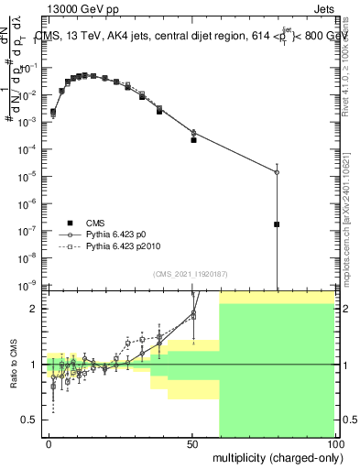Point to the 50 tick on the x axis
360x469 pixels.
click(192, 442)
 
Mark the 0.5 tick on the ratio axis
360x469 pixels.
click(33, 420)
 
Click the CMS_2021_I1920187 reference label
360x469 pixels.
click(190, 274)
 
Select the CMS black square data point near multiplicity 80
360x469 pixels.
click(277, 224)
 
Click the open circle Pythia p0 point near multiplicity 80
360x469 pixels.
click(277, 172)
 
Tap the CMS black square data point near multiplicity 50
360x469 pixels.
click(193, 140)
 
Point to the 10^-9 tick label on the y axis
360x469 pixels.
click(31, 286)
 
